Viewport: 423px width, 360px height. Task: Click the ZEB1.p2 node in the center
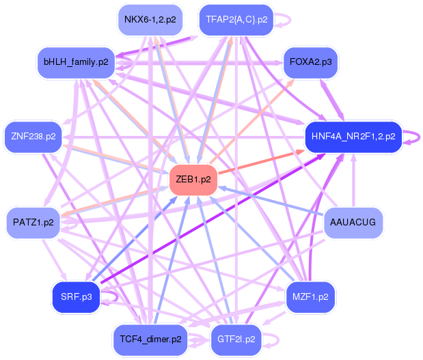pos(193,180)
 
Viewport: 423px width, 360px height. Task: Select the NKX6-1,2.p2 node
pos(150,20)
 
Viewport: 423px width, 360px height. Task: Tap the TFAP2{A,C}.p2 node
pos(236,20)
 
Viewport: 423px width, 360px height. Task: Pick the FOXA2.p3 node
pos(310,61)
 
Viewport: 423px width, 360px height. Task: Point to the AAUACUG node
pos(353,223)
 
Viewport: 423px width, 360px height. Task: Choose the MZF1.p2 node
pos(310,296)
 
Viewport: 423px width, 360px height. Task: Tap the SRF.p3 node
pos(76,296)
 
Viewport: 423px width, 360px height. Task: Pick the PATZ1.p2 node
pos(33,223)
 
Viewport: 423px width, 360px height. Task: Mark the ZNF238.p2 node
pos(33,137)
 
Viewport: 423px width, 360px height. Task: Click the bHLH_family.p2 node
pos(76,61)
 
